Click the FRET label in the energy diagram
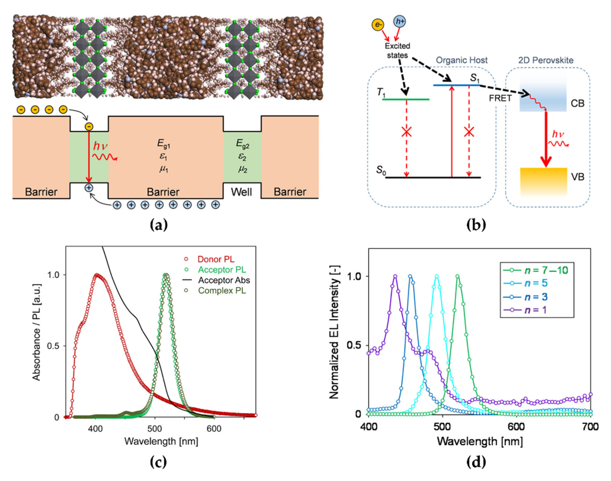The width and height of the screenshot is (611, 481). [500, 98]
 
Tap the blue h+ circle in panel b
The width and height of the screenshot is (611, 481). [400, 21]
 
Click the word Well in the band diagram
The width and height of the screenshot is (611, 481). [241, 192]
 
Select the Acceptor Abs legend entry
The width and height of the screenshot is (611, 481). [224, 280]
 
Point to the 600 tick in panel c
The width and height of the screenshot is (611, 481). [214, 429]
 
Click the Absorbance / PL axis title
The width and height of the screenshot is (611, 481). [37, 332]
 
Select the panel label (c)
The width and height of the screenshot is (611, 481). [158, 462]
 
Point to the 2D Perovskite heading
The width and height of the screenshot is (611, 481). [546, 60]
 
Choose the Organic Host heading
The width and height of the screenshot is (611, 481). [462, 60]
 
